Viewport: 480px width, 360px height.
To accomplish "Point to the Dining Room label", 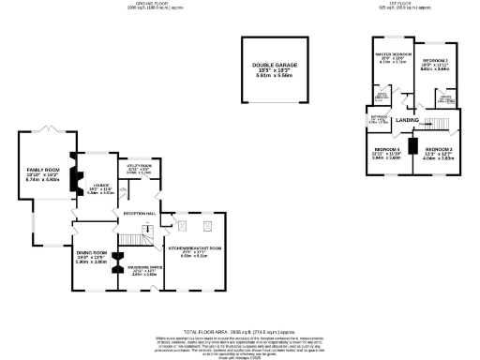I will pos(92,258).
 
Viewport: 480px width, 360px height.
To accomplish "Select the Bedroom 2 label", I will pos(434,64).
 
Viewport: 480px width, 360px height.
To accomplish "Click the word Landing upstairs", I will pos(407,120).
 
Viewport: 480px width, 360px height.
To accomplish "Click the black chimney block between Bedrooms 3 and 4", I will pos(412,150).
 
